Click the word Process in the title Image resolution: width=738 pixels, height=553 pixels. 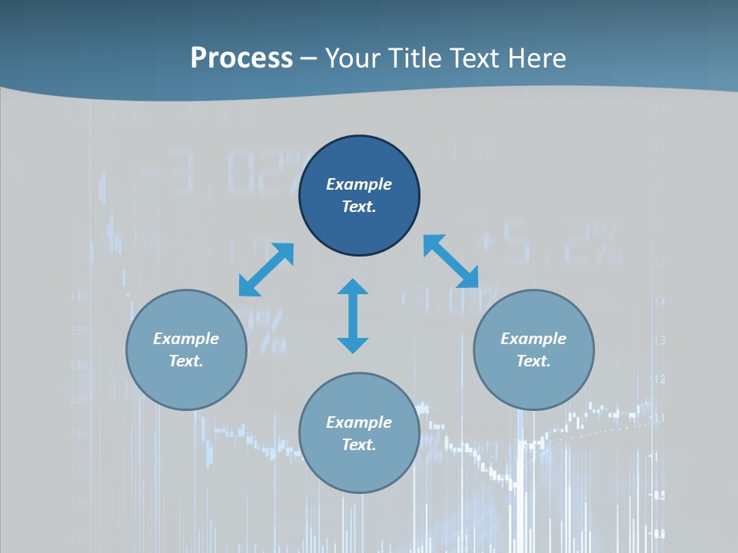point(241,58)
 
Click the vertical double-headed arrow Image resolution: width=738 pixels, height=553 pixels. point(353,316)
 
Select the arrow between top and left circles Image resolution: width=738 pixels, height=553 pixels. point(266,270)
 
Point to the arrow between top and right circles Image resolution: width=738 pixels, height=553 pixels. point(450,261)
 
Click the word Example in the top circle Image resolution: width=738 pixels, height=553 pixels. point(359,184)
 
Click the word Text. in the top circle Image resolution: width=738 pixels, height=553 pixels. point(359,207)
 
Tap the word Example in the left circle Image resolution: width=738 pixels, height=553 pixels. point(186,339)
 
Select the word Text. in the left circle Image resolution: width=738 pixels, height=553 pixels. point(186,361)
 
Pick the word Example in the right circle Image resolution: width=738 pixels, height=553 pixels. point(534,339)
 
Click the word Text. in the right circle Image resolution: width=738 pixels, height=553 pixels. point(534,361)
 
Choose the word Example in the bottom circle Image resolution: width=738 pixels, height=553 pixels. point(359,422)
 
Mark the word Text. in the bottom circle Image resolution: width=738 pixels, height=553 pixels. point(359,445)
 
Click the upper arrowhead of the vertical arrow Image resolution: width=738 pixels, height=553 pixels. point(353,287)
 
